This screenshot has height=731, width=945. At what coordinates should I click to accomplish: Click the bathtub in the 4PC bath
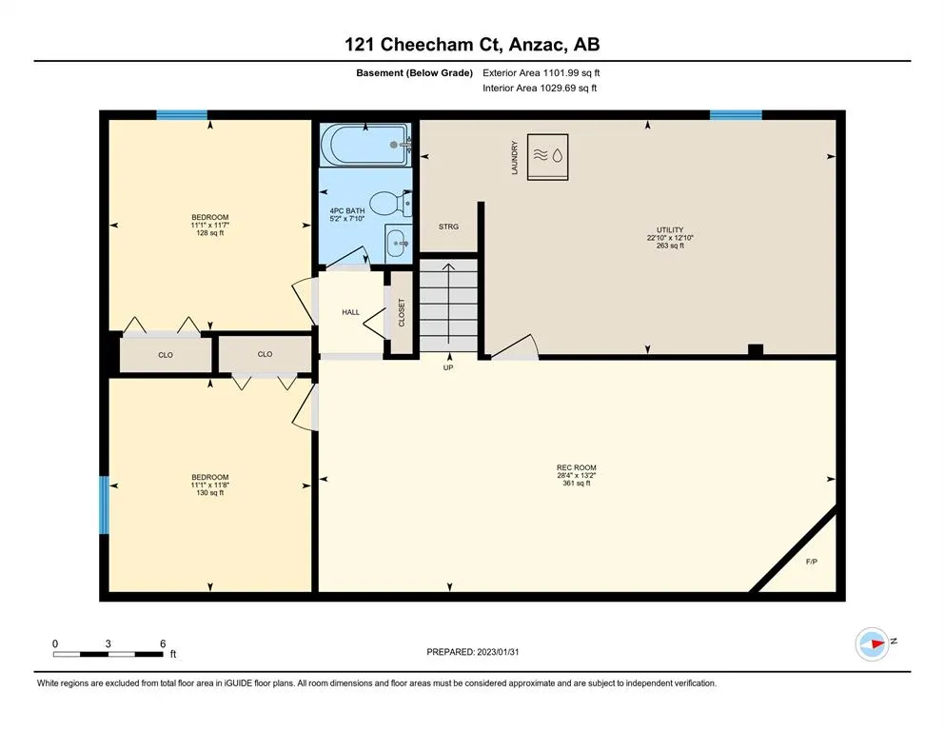coord(365,145)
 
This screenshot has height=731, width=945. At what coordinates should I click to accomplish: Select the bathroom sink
coord(399,243)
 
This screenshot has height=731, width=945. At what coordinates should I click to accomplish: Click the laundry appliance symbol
coord(547,157)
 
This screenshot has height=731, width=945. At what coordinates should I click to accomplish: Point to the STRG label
coord(448,227)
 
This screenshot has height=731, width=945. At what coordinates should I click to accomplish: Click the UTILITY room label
coord(670,229)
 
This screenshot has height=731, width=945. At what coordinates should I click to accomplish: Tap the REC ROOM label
coord(576,467)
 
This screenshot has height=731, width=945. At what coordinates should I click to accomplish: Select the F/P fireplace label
coord(811,562)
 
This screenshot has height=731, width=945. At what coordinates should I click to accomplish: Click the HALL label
coord(351,312)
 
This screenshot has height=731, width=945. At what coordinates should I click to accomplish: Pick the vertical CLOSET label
coord(402,313)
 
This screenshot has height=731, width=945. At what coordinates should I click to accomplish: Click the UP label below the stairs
coord(448,367)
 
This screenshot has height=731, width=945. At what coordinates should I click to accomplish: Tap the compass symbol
coord(872,644)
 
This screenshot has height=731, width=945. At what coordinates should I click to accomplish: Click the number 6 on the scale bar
coord(163,643)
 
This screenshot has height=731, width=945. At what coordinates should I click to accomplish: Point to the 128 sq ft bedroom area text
coord(209,233)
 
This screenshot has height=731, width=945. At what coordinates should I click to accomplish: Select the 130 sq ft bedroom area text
coord(209,492)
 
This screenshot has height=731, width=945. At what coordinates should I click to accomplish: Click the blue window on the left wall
coord(104,505)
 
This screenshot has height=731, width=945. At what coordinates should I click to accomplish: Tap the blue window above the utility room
coord(736,115)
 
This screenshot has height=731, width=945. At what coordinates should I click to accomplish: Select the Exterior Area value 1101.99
coord(561,73)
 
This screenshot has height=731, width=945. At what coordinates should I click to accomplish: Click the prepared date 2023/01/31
coord(498,652)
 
